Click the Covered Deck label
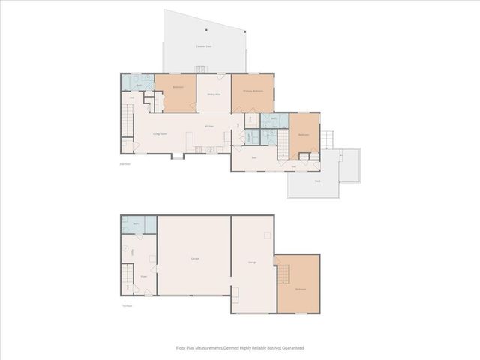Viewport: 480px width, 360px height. pos(202,46)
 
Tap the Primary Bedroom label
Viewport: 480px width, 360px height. pos(252,90)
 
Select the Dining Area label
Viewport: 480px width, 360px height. pos(214,94)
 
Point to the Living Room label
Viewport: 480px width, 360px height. pos(160,133)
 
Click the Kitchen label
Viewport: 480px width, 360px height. pos(209,126)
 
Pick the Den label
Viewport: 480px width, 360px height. pos(254,157)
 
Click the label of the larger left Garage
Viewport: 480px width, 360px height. pos(194,259)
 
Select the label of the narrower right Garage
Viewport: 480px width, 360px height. pos(253,262)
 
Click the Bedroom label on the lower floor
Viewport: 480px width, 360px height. pos(300,289)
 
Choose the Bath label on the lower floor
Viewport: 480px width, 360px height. pos(136,224)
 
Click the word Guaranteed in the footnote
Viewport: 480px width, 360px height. pos(293,348)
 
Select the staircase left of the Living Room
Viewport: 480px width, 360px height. pos(127,120)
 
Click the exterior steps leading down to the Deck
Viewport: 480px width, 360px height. pos(327,140)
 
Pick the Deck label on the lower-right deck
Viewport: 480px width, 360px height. pos(318,181)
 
